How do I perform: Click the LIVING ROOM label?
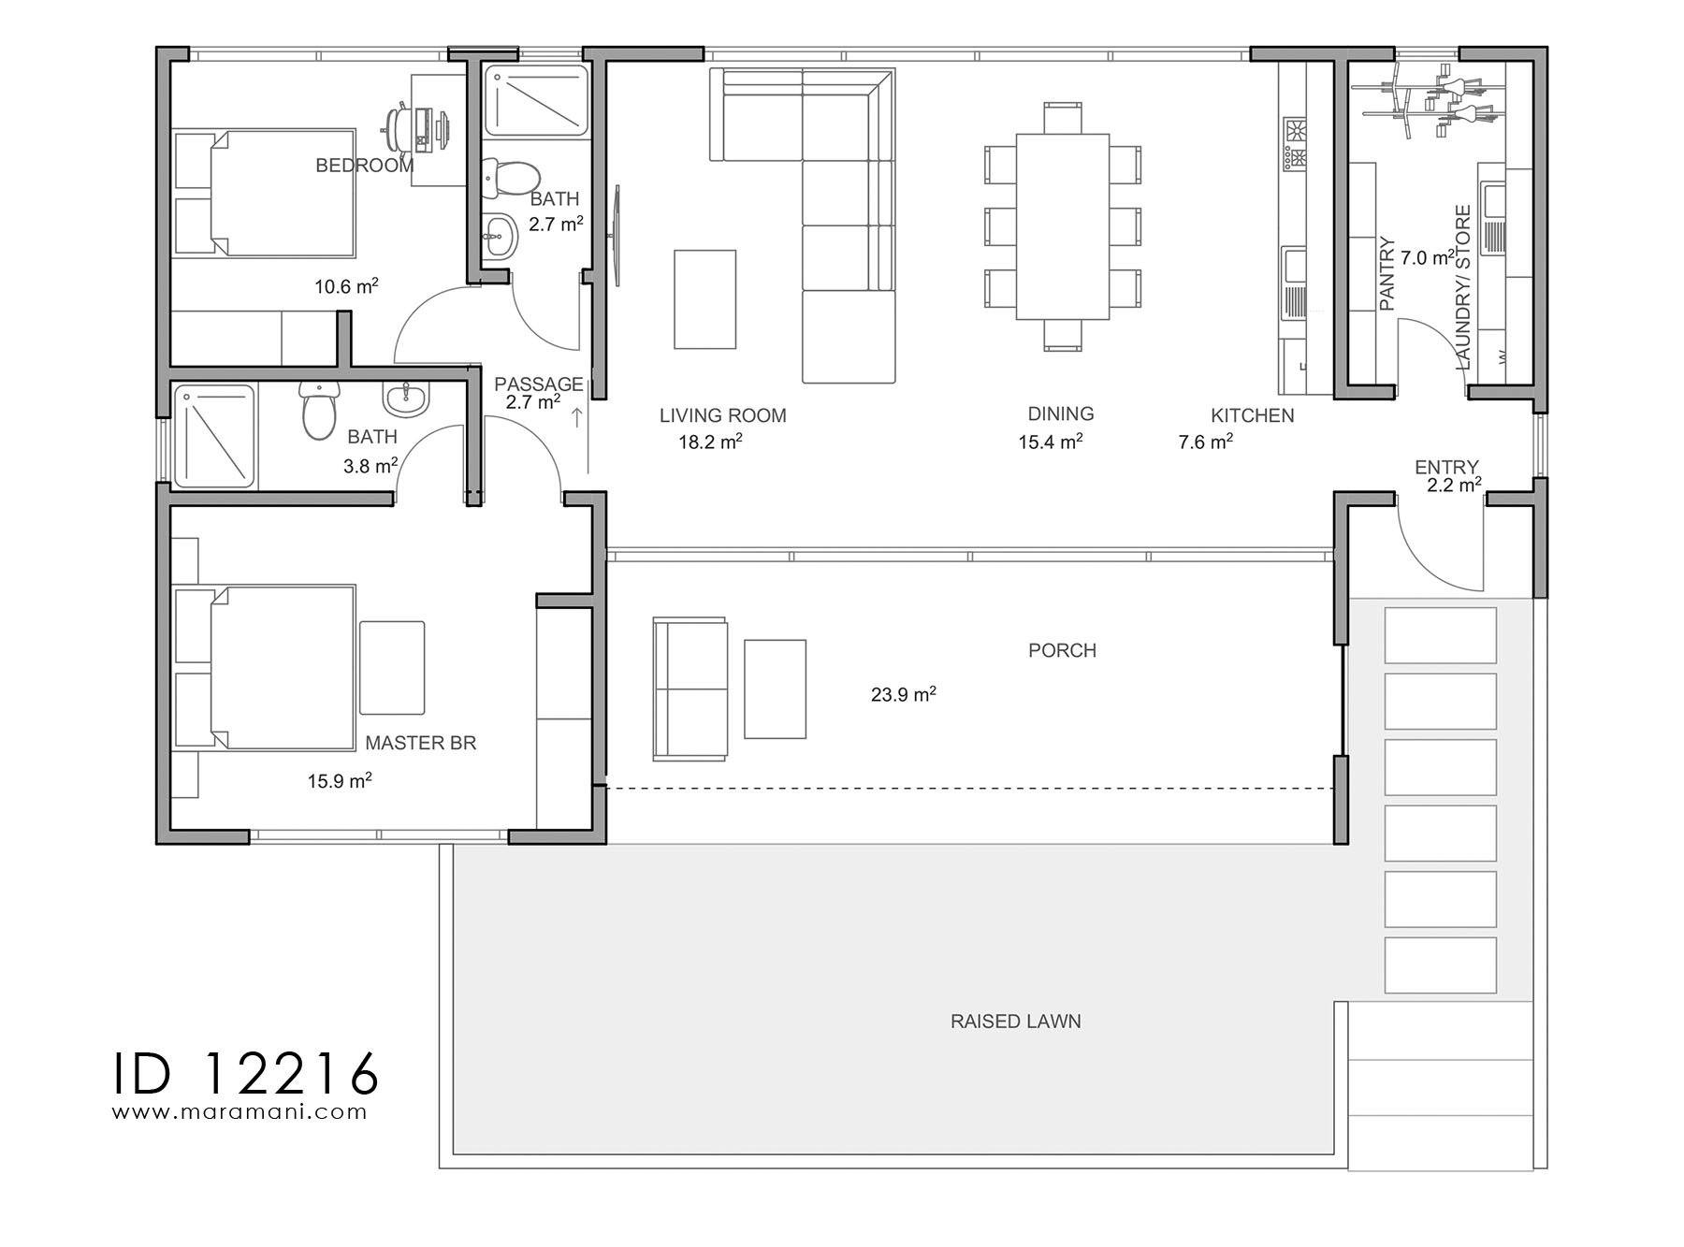coord(722,415)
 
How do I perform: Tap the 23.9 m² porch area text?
coord(903,695)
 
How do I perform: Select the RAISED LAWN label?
coord(1015,1022)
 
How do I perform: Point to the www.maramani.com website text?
coord(240,1112)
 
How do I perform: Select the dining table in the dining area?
coord(1062,226)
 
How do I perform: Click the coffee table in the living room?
coord(704,298)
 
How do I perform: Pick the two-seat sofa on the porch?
coord(690,689)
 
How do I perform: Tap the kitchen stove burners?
coord(1294,143)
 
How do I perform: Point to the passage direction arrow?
coord(577,418)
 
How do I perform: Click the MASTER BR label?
coord(420,743)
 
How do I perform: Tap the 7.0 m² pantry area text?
coord(1427,257)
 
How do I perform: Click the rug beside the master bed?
coord(392,668)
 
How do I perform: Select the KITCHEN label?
coord(1252,415)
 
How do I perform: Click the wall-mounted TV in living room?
coord(617,235)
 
